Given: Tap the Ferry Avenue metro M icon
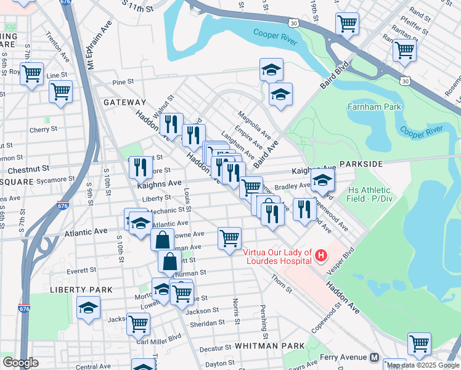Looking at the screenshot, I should coord(374,357).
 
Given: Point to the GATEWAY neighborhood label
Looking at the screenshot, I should coord(124,102).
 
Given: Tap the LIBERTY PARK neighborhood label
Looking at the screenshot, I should coord(82,289).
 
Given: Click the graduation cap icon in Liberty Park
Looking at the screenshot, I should coord(89,308).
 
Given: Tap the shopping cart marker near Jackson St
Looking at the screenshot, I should coord(139,323).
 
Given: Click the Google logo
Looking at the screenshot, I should coord(20,362).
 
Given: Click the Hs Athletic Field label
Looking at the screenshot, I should coord(370,195).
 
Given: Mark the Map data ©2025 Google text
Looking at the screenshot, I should coord(423,364).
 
